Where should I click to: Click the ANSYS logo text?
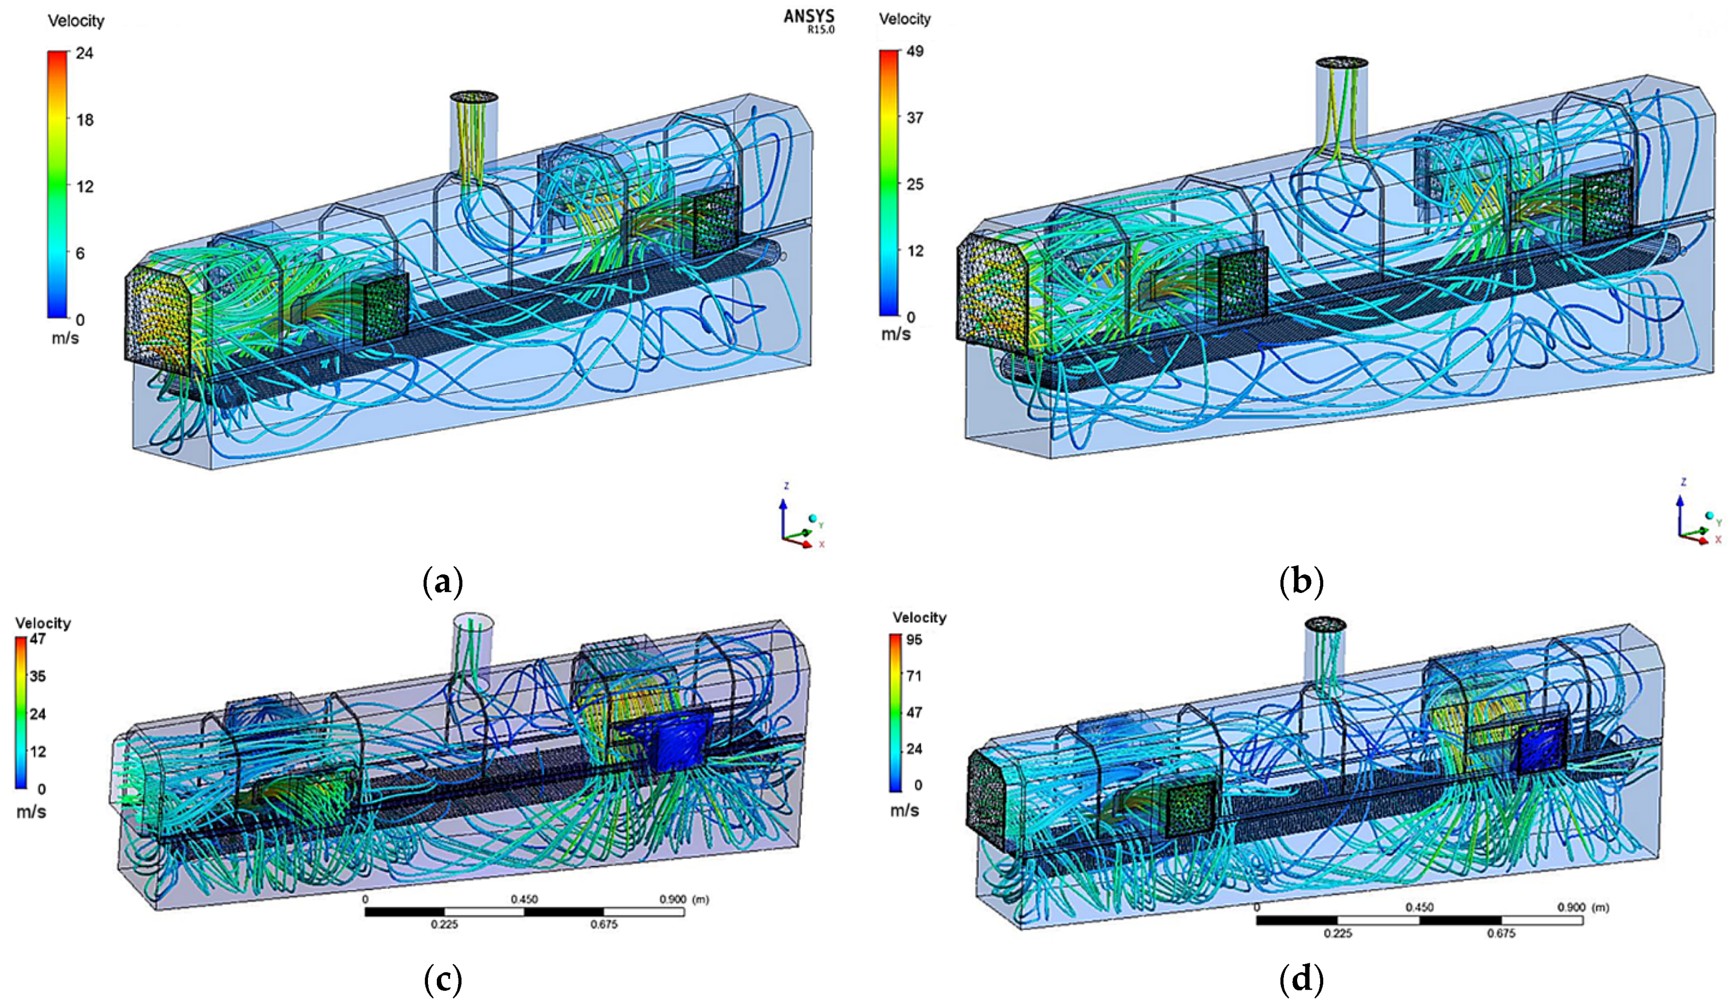[809, 17]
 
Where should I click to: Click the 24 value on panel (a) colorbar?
[84, 53]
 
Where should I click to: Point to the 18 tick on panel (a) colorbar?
[84, 120]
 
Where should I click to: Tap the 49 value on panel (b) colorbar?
[915, 51]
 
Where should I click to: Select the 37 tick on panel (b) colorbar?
[915, 117]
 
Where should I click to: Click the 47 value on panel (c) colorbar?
[37, 639]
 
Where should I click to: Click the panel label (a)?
[442, 582]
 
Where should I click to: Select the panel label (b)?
[1302, 582]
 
